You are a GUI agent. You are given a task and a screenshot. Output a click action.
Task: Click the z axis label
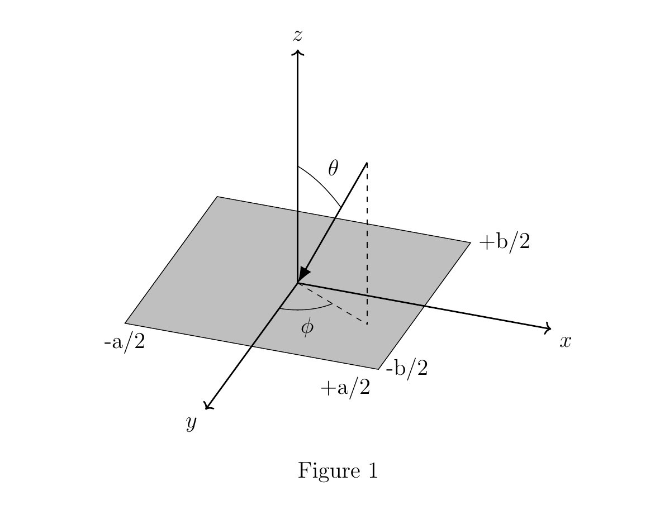pos(297,36)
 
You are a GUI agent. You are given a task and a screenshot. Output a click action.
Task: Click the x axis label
pos(565,341)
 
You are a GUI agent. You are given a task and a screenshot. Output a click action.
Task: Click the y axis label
pos(191,423)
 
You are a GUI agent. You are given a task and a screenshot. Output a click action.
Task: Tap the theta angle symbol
pos(333,168)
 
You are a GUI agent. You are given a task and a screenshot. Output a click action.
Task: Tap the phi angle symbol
pos(307,327)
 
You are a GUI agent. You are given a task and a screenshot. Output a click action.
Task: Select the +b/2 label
pos(505,242)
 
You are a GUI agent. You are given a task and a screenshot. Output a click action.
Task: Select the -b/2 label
pos(407,368)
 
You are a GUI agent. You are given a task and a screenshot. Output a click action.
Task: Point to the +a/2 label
pos(345,387)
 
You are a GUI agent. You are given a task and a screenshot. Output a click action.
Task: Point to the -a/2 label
pos(125,342)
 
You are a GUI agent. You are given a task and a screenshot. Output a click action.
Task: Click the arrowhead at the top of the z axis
pos(297,52)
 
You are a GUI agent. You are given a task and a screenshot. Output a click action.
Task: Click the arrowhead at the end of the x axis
pos(548,328)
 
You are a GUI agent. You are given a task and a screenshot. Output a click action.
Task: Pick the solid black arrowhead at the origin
pos(303,276)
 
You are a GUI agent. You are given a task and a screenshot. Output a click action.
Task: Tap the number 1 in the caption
pos(373,470)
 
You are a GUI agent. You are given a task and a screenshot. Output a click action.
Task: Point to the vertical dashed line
pos(367,243)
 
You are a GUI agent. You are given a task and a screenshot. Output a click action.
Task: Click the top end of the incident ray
pos(367,163)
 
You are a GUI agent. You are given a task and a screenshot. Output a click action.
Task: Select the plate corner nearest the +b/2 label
pos(471,242)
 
